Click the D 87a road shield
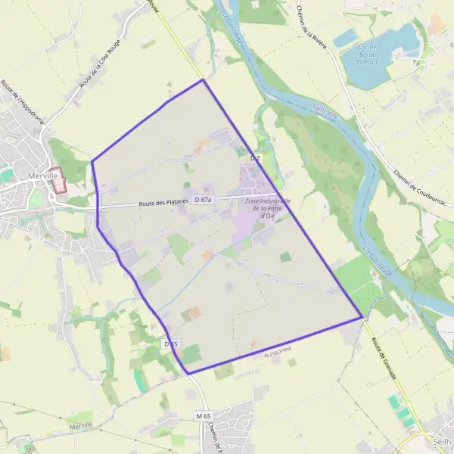click(x=203, y=199)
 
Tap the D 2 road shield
click(x=255, y=158)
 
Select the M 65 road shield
click(x=201, y=416)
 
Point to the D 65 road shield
click(x=170, y=344)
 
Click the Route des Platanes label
click(x=162, y=203)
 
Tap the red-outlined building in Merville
click(x=58, y=181)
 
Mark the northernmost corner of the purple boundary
click(x=203, y=79)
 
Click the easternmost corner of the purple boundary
click(x=363, y=317)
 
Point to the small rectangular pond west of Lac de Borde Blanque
click(x=344, y=37)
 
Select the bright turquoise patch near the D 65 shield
click(x=140, y=380)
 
